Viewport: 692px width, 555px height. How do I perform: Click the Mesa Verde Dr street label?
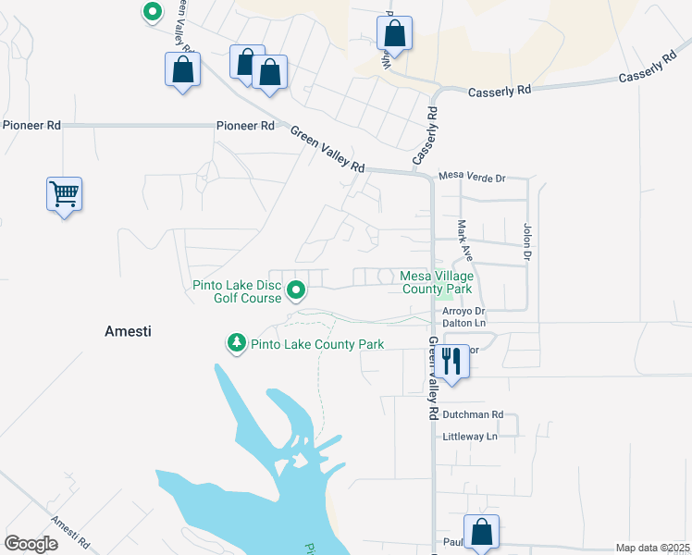click(472, 177)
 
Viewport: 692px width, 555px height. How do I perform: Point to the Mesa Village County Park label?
click(437, 282)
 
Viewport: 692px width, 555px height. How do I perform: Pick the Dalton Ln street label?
click(466, 323)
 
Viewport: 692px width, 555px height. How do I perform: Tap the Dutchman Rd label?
click(472, 414)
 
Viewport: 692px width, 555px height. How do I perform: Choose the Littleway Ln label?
click(470, 436)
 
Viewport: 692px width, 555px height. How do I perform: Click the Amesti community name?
click(128, 330)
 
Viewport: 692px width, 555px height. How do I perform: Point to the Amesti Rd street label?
click(70, 532)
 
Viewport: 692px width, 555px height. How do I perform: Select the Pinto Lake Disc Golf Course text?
click(236, 291)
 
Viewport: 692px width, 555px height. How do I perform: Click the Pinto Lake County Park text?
click(317, 345)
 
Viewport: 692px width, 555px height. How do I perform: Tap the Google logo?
click(31, 544)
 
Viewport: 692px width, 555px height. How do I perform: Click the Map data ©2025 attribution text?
click(652, 548)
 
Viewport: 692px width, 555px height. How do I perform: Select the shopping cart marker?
click(65, 194)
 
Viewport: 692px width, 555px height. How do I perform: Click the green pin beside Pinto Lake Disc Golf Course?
click(296, 291)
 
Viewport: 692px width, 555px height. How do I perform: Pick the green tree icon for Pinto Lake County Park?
click(237, 344)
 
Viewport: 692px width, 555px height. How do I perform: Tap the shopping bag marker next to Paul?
click(481, 532)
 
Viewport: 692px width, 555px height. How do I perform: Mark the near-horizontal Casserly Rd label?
click(500, 92)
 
